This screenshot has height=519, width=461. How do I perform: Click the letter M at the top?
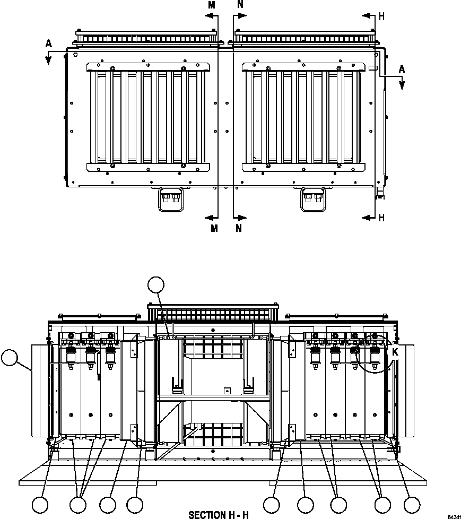tap(212, 5)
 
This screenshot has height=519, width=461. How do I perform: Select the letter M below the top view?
tap(214, 228)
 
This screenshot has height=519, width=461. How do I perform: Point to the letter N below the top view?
tap(239, 228)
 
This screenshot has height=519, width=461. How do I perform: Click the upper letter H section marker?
tap(381, 16)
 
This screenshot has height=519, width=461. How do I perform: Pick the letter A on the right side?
tap(402, 69)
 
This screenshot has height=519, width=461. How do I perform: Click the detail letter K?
tap(395, 352)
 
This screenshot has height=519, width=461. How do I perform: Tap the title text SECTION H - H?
tap(219, 515)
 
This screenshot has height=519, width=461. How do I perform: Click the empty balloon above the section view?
tap(156, 285)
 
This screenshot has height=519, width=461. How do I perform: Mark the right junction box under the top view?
tap(312, 200)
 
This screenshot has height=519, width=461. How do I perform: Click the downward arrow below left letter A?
tap(48, 59)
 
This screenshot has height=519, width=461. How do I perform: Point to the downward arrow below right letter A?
tap(402, 83)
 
